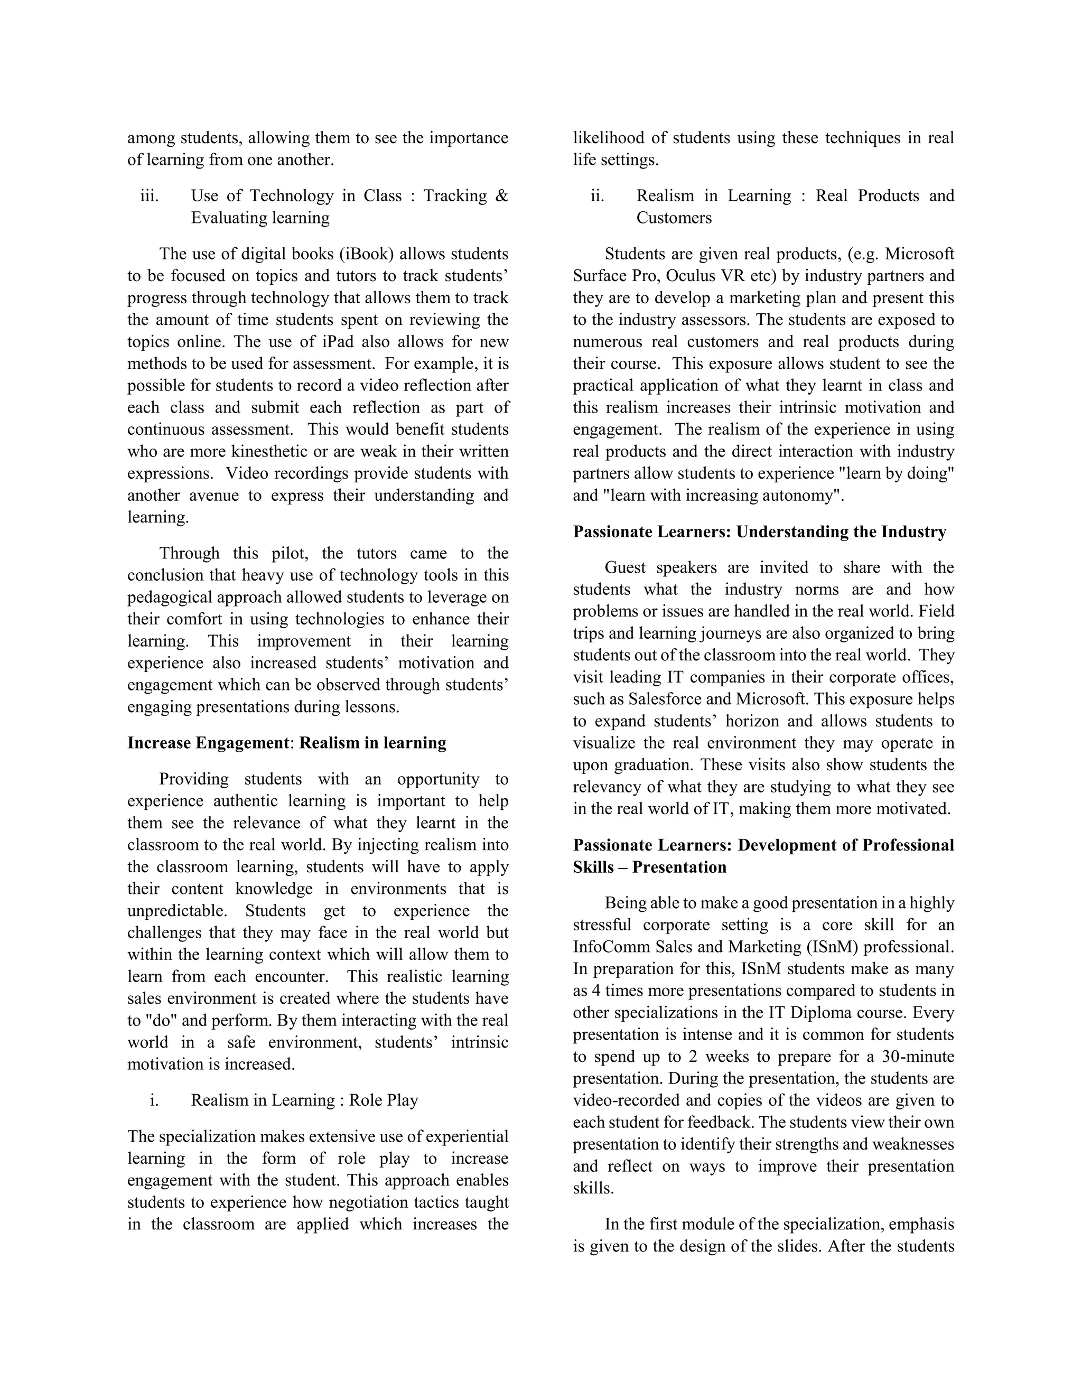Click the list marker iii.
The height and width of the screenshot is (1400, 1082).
pos(150,196)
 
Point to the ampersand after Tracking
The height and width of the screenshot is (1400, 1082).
pos(501,196)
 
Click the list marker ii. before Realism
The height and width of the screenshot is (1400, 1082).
pos(598,196)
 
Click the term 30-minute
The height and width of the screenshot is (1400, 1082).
pos(918,1057)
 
